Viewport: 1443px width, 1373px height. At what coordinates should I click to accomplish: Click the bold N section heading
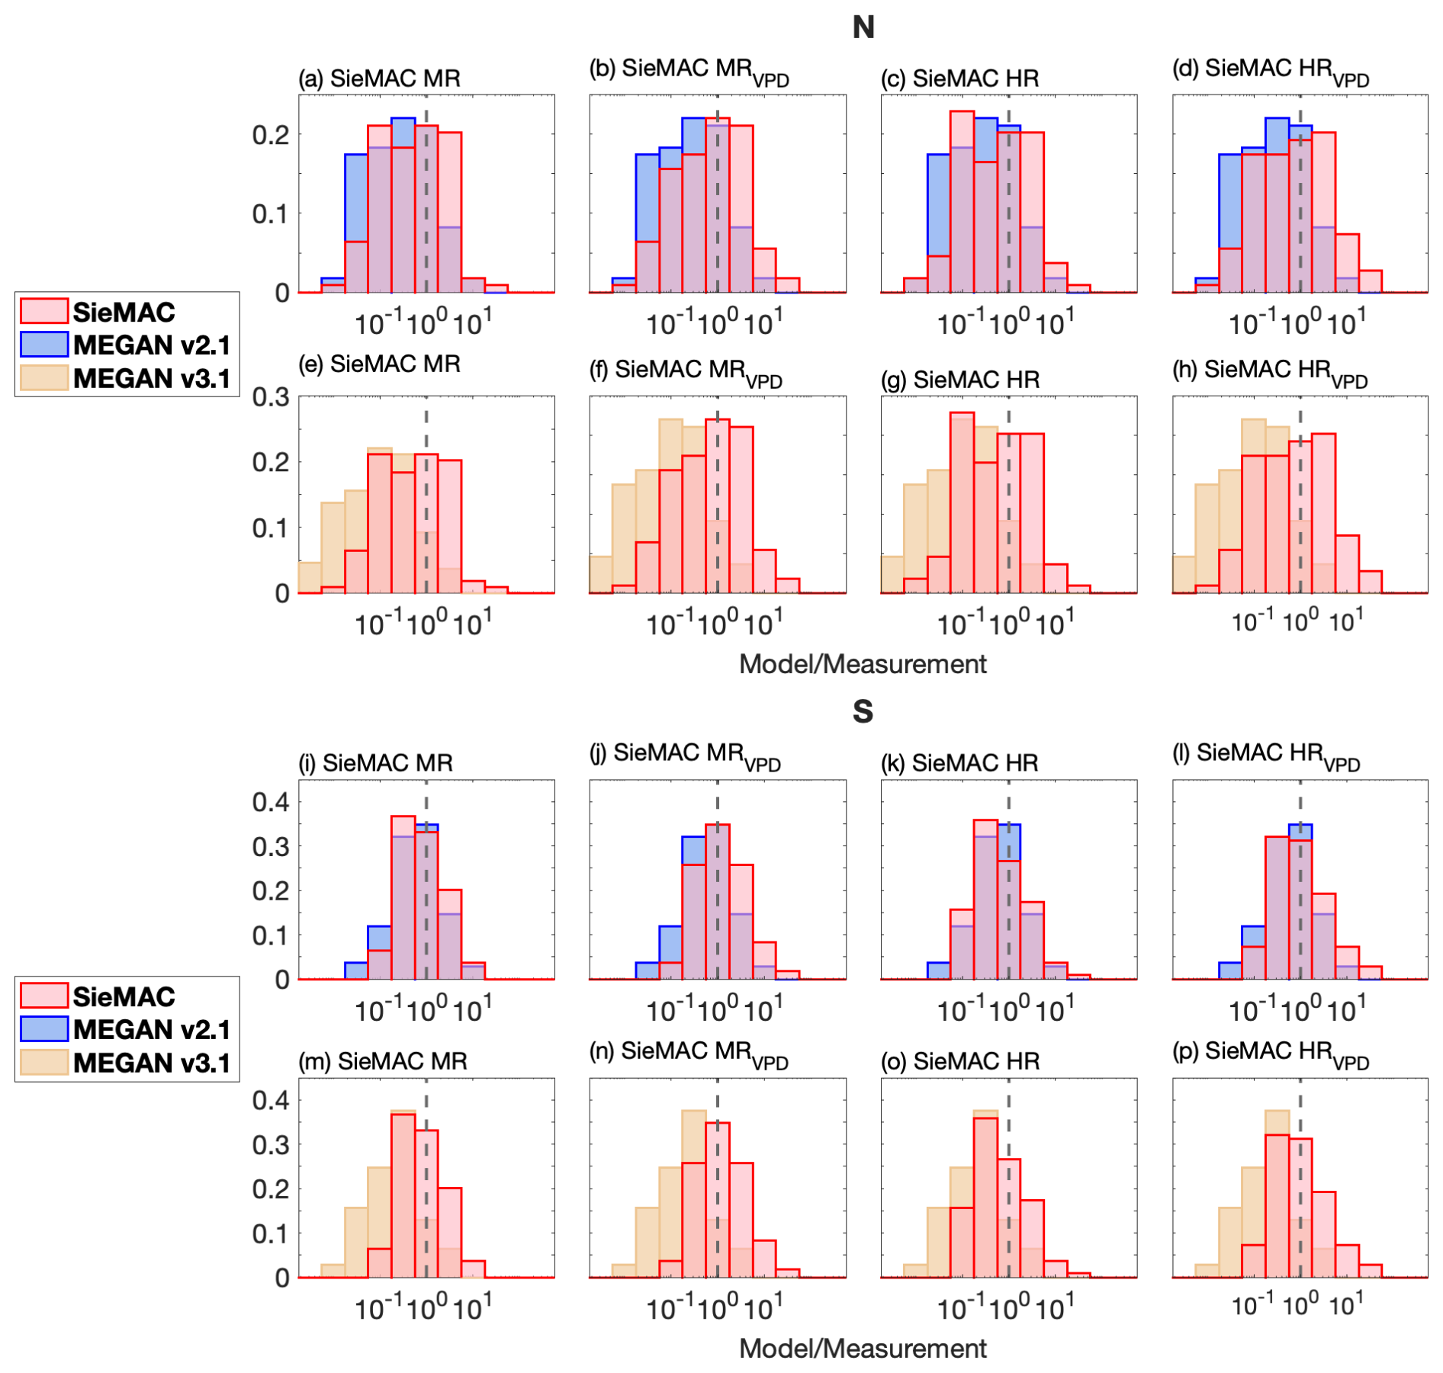tap(863, 27)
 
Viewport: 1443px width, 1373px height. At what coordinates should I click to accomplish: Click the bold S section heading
tap(863, 711)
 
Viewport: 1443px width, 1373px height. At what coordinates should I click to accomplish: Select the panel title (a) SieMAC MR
tap(379, 79)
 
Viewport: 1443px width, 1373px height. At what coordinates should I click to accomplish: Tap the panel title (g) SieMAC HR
tap(960, 380)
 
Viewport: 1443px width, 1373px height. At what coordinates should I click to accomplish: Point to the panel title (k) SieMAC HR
tap(959, 763)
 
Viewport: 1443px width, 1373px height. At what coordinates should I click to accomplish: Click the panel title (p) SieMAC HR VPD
tap(1271, 1053)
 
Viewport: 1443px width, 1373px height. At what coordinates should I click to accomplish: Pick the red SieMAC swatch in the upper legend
tap(44, 311)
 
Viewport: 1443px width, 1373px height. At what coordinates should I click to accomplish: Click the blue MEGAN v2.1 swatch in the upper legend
tap(44, 345)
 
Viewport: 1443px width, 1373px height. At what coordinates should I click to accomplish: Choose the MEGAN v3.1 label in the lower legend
tap(152, 1063)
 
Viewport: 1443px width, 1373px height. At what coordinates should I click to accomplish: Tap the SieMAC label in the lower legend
tap(124, 996)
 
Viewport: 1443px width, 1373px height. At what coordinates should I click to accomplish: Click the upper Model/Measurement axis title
tap(863, 664)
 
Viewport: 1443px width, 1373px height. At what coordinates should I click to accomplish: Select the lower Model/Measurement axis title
tap(863, 1349)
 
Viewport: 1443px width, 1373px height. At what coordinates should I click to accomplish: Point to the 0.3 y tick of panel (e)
tap(271, 397)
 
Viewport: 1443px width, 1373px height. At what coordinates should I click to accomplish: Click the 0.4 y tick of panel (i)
tap(271, 802)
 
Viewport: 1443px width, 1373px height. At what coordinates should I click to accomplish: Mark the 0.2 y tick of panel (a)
tap(271, 135)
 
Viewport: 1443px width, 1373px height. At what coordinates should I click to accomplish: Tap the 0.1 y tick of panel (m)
tap(271, 1233)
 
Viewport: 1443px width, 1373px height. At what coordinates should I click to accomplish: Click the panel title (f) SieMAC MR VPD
tap(686, 371)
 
